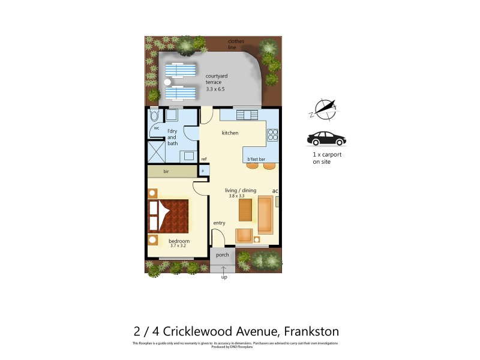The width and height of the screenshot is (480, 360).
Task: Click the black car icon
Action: tap(326, 139)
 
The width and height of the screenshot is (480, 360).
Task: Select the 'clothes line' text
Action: tap(235, 44)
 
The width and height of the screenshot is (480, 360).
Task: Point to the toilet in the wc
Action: tap(154, 115)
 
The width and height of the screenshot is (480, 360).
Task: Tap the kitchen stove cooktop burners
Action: tap(272, 135)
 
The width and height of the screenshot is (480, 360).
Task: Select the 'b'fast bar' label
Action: tap(256, 159)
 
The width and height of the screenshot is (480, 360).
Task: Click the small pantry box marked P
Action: tap(203, 171)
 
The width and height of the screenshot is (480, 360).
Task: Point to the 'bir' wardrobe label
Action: tap(166, 171)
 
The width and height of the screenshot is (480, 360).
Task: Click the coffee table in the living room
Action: tap(245, 210)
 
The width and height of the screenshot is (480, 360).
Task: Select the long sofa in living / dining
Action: tap(265, 214)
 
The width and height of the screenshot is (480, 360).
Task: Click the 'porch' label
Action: tap(223, 254)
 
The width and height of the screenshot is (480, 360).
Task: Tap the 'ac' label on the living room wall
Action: tap(275, 191)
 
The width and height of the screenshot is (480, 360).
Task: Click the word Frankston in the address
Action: tap(311, 331)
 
